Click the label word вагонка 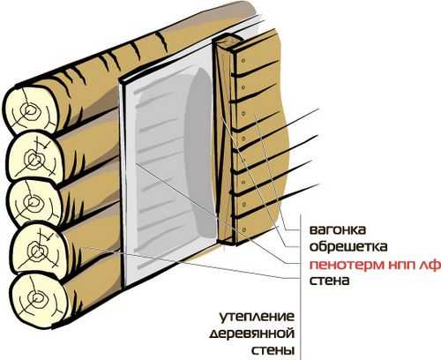click(x=338, y=229)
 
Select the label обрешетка click(x=348, y=246)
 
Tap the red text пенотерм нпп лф click(x=375, y=265)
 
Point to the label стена click(x=329, y=281)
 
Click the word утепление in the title click(x=257, y=317)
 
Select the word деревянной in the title click(x=252, y=334)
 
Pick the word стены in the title click(x=273, y=350)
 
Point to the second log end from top click(x=34, y=158)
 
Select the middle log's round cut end click(x=34, y=204)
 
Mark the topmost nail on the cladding click(x=243, y=61)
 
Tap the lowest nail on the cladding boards click(x=243, y=229)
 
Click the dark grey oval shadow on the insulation click(x=200, y=153)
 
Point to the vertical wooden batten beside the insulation click(x=226, y=141)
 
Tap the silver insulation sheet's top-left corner click(x=120, y=81)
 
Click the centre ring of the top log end click(x=29, y=111)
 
